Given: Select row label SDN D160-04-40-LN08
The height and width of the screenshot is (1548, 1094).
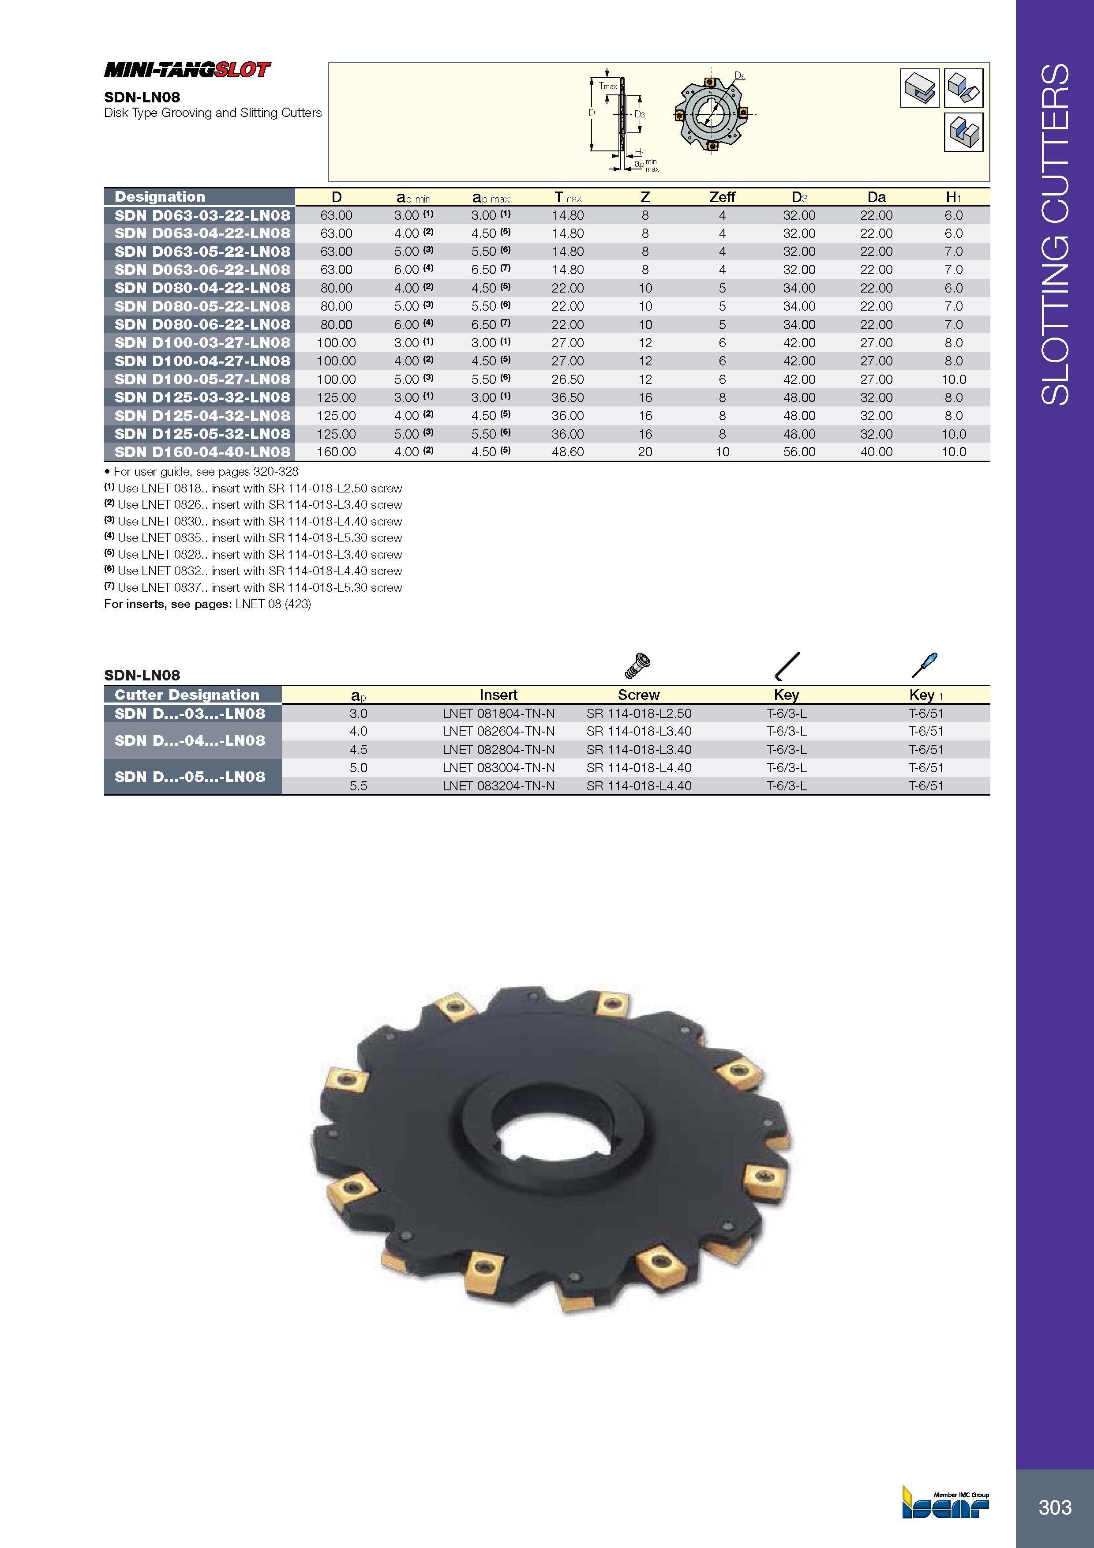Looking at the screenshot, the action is (202, 452).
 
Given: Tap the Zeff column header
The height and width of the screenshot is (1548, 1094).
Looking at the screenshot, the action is (722, 197).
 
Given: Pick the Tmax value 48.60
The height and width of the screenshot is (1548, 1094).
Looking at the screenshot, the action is (568, 452).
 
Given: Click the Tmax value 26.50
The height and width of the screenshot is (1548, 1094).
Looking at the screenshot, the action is (568, 379).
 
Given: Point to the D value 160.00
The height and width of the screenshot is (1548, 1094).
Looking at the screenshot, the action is (336, 452).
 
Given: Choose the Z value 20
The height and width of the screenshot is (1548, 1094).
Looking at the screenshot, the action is (645, 452).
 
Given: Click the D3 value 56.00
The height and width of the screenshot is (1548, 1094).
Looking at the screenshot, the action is (799, 452).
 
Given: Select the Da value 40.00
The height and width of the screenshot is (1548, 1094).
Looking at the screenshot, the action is (876, 452).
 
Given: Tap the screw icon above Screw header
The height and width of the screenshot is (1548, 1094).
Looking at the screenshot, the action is (638, 665).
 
